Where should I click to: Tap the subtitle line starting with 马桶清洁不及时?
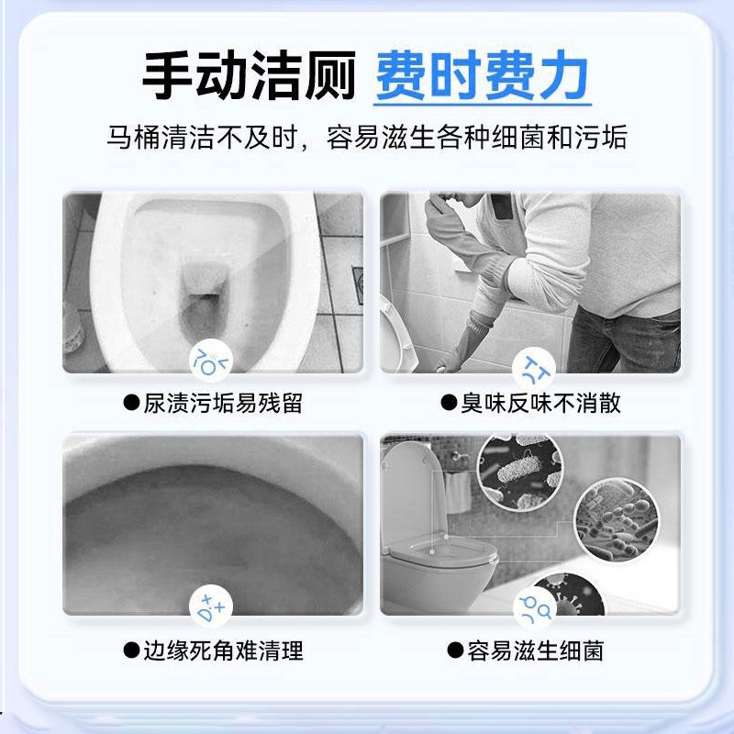pyautogui.click(x=367, y=139)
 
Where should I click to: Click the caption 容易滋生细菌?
pyautogui.click(x=536, y=651)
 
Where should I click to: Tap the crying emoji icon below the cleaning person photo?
pyautogui.click(x=531, y=366)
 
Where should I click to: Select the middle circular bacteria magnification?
pyautogui.click(x=616, y=522)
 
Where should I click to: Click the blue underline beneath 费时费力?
pyautogui.click(x=482, y=104)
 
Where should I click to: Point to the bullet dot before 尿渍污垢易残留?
pyautogui.click(x=132, y=403)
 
